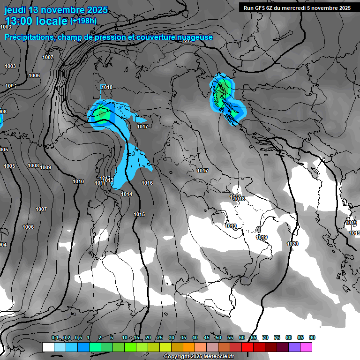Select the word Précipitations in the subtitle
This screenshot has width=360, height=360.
[x=29, y=37]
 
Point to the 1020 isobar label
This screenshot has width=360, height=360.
[x=292, y=244]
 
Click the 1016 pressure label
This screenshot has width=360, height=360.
[x=147, y=183]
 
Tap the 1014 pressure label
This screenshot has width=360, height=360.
[x=127, y=194]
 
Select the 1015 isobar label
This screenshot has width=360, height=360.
[x=139, y=214]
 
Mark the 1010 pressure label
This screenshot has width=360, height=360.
[x=78, y=181]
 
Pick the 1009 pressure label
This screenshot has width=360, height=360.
[x=45, y=167]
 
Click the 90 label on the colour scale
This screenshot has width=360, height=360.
[x=312, y=337]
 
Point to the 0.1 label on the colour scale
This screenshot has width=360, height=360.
[x=55, y=337]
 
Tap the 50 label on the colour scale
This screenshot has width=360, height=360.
[x=218, y=337]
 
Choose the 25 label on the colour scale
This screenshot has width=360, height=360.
[x=160, y=337]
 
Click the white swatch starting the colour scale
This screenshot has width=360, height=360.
[x=48, y=347]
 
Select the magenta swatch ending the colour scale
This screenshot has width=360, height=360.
[x=306, y=347]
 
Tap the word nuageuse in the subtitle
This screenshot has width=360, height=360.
[x=195, y=37]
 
